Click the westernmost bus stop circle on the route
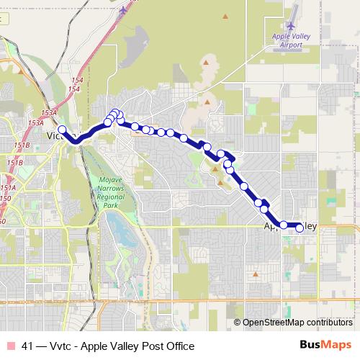click(x=62, y=130)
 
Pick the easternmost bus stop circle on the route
click(x=300, y=228)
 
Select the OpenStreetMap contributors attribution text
click(x=297, y=323)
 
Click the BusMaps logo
click(x=325, y=346)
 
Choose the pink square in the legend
click(x=10, y=346)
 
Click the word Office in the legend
click(x=180, y=346)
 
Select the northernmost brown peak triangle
click(x=226, y=16)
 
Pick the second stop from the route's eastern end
click(x=284, y=225)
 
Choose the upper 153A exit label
click(x=49, y=113)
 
